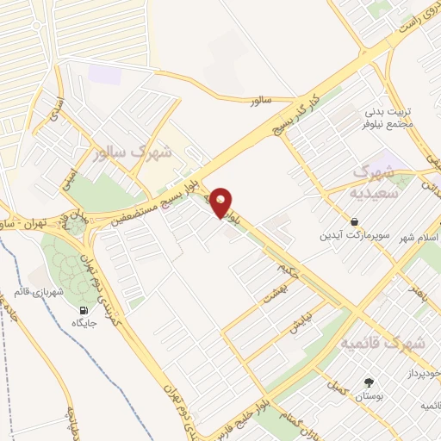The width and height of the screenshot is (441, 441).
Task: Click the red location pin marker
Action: pyautogui.click(x=221, y=202)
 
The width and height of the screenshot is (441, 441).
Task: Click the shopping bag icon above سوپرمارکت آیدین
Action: pyautogui.click(x=355, y=221)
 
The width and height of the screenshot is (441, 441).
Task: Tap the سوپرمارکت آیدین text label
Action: pyautogui.click(x=349, y=235)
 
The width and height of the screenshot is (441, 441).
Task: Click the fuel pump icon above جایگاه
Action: pyautogui.click(x=83, y=311)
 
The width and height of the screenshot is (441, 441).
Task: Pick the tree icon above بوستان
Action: pyautogui.click(x=370, y=383)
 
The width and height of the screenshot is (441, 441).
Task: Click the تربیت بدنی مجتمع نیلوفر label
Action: pyautogui.click(x=388, y=118)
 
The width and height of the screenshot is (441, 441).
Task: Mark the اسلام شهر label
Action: pyautogui.click(x=422, y=235)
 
